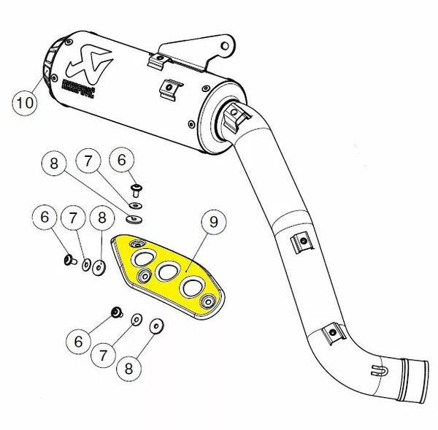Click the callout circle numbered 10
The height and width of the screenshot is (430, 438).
point(23,102)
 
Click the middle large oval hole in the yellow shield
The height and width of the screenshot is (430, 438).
point(167,272)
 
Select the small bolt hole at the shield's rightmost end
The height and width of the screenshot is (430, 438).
point(210,302)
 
